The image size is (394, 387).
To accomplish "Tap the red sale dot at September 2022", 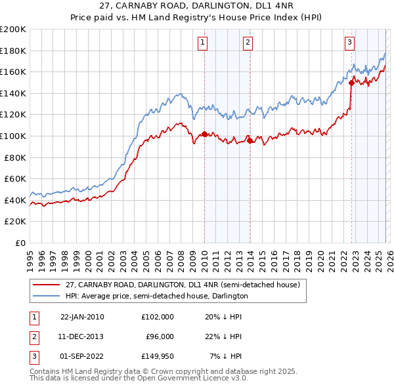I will pos(352,83).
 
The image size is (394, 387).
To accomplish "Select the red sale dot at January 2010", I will pos(204,134).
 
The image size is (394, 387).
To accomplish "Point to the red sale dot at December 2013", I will pos(250,140).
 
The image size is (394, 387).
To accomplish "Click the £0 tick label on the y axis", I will pos(19,243).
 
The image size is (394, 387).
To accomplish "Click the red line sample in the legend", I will pos(46,285).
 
